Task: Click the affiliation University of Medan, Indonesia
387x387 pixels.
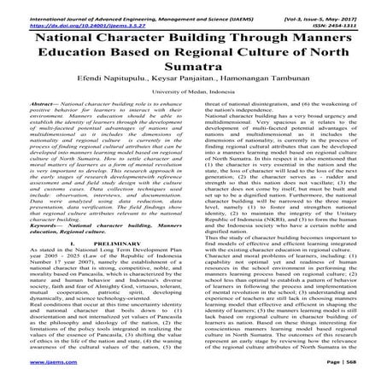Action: click(193, 103)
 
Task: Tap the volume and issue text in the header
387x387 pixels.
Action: click(324, 7)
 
